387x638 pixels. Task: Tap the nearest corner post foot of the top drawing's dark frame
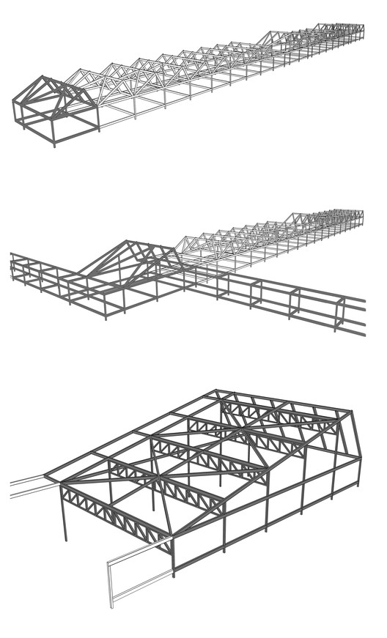pos(54,144)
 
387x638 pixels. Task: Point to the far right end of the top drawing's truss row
pos(361,30)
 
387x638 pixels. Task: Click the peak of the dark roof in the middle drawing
pos(129,242)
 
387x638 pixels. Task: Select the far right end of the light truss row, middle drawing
pos(361,216)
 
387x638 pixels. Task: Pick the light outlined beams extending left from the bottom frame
pos(29,486)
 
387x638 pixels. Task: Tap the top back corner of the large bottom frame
pos(217,391)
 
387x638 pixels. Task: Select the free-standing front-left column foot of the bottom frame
pos(66,540)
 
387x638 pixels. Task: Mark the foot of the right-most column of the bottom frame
pos(358,485)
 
